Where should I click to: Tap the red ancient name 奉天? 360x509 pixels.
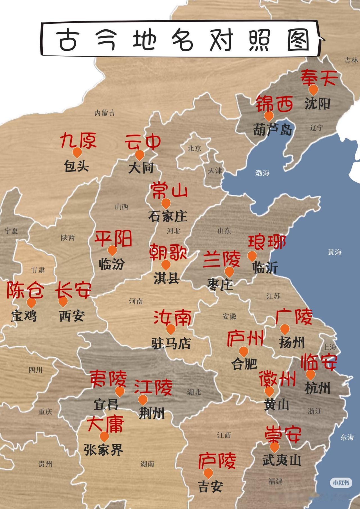[x=319, y=78]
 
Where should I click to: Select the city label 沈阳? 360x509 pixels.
[x=317, y=104]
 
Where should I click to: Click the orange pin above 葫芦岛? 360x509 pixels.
[x=269, y=116]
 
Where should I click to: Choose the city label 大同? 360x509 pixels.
[x=141, y=168]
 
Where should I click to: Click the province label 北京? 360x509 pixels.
[x=194, y=148]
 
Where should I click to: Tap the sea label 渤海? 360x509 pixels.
[x=262, y=172]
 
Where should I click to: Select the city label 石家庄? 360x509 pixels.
[x=168, y=216]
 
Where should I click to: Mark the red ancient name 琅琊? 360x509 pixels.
[x=267, y=243]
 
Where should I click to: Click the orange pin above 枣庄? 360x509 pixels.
[x=229, y=272]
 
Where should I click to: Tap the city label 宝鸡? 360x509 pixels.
[x=24, y=316]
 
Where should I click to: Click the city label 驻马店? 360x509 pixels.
[x=171, y=343]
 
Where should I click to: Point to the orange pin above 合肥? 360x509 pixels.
[x=244, y=351]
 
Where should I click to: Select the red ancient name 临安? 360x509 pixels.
[x=319, y=362]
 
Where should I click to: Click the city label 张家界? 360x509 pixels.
[x=103, y=450]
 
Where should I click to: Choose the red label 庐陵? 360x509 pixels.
[x=217, y=461]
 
